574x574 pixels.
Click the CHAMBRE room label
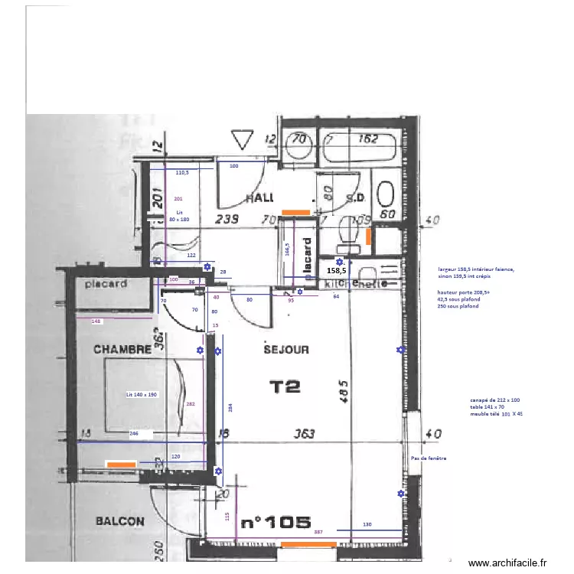tap(122, 349)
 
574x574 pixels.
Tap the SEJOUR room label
tap(286, 349)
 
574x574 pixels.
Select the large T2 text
tap(285, 386)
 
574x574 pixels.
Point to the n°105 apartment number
tap(276, 523)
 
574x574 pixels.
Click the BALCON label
tap(119, 521)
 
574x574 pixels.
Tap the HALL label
tap(261, 198)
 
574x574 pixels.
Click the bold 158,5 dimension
tap(337, 271)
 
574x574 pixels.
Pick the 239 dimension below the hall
tap(227, 220)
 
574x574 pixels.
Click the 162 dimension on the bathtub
tap(368, 139)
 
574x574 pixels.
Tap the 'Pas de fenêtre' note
tap(429, 458)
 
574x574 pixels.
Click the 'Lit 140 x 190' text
tap(142, 395)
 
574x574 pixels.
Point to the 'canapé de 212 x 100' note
tap(495, 400)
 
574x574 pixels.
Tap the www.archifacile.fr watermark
tap(507, 563)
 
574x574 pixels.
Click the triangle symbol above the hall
tap(244, 140)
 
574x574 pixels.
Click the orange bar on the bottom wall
tap(308, 544)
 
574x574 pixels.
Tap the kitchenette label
tap(349, 284)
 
